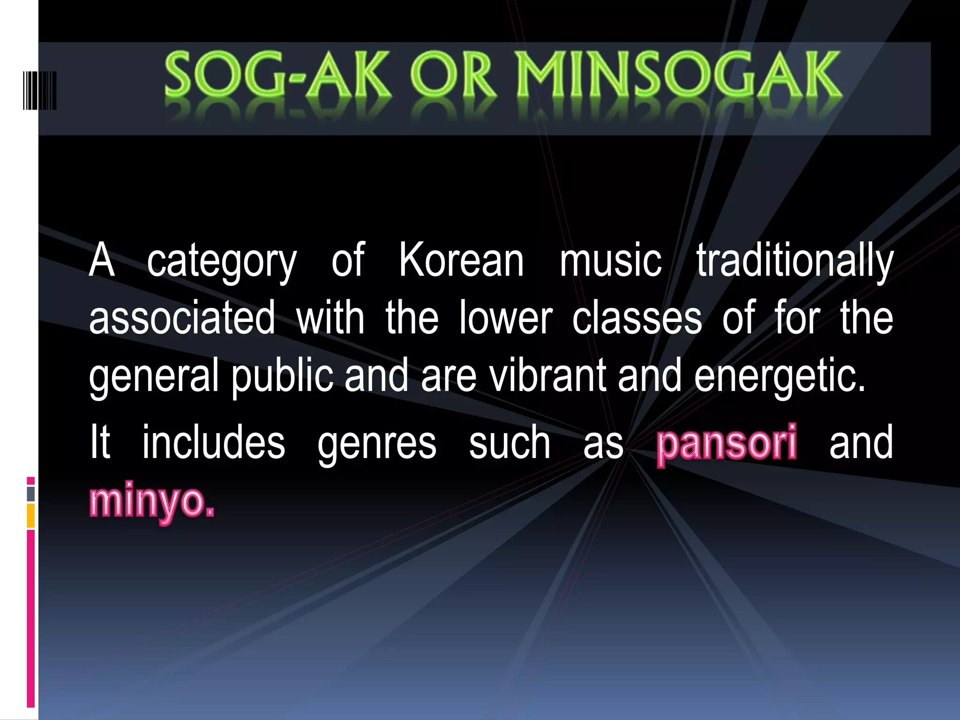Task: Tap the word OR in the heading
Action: (453, 76)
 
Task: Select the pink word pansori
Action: (726, 443)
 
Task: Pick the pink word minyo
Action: (152, 502)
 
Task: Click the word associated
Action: (182, 319)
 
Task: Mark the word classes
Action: (637, 319)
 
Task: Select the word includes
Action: (214, 443)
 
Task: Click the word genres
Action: (377, 443)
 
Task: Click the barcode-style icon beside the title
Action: (39, 90)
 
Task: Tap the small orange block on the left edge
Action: (31, 516)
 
